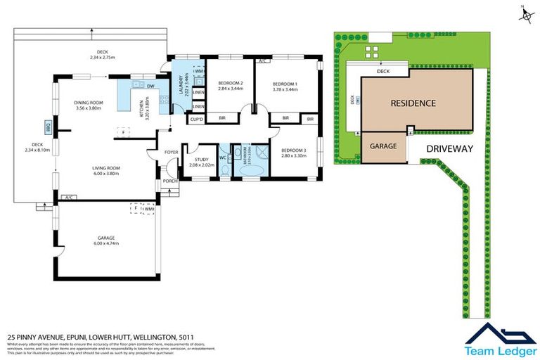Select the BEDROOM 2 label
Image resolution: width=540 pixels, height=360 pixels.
[x=231, y=82]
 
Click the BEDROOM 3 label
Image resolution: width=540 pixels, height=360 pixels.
[x=293, y=150]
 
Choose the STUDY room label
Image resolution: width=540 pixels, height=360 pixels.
[x=199, y=160]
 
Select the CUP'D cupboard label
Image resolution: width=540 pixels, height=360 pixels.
[x=197, y=120]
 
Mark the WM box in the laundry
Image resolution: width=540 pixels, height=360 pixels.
[x=199, y=72]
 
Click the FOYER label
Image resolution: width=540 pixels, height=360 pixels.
[x=171, y=152]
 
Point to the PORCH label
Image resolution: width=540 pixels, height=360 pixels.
[x=170, y=181]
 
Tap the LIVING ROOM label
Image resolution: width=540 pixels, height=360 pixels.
[x=106, y=168]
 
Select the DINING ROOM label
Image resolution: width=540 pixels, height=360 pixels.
[x=89, y=103]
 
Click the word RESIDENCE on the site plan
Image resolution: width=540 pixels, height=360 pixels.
[x=413, y=103]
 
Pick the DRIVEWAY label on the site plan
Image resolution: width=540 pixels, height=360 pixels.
[x=449, y=148]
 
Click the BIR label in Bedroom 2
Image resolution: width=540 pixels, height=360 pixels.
[x=222, y=118]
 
